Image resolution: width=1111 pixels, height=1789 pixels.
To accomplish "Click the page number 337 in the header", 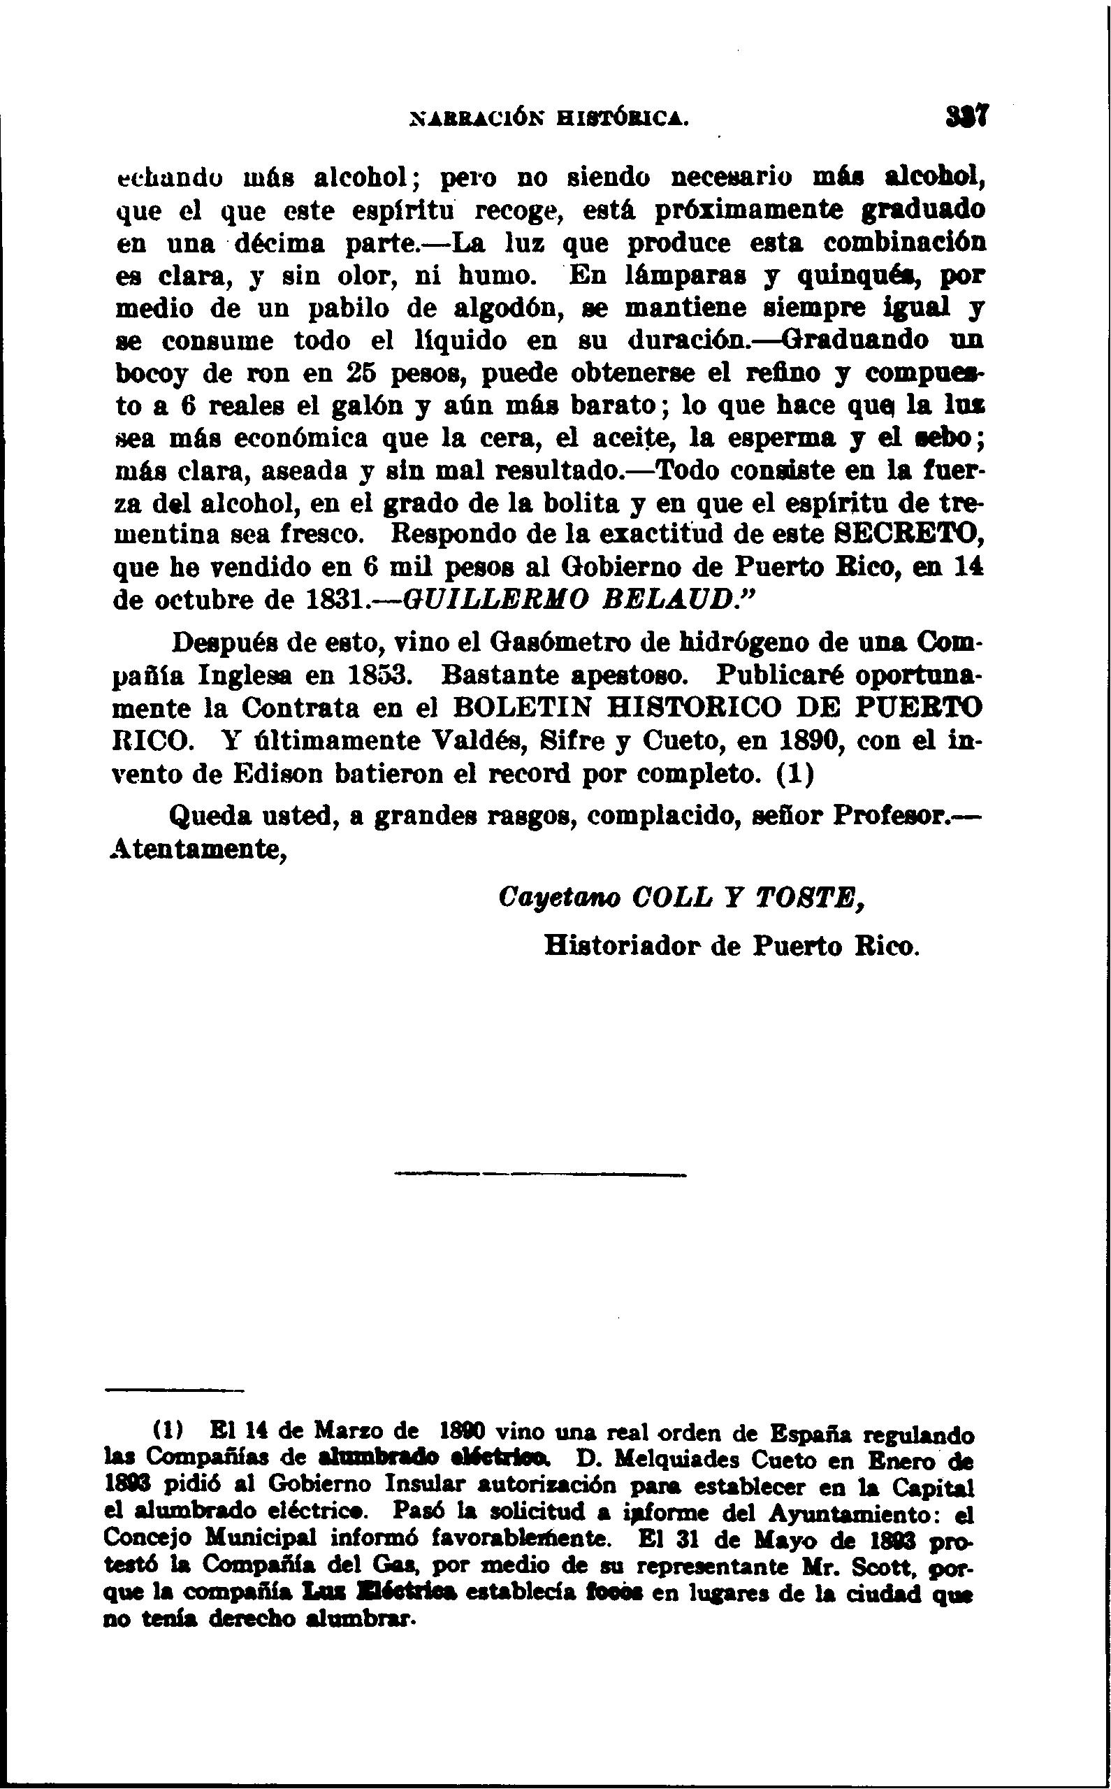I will (969, 117).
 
